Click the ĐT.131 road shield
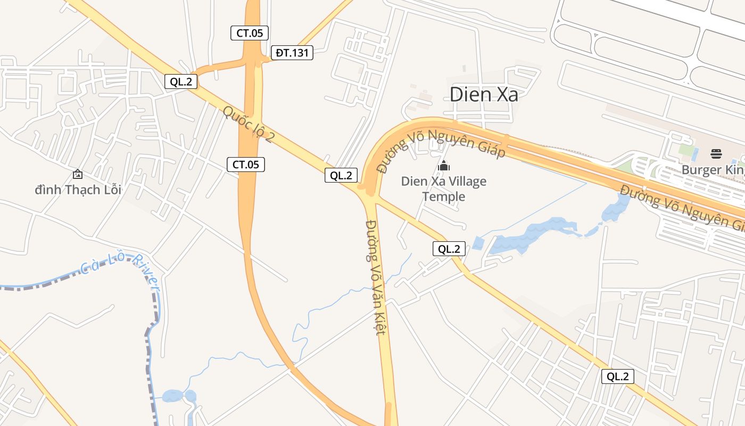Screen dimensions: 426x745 coord(292,53)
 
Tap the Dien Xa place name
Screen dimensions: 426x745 coord(484,94)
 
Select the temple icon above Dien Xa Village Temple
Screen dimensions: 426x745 coord(444,166)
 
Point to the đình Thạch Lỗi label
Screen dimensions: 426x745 coord(78,190)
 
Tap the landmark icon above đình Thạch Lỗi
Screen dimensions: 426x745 coord(78,174)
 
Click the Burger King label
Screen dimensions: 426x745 coord(713,170)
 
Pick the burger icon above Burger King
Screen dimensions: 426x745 coord(716,154)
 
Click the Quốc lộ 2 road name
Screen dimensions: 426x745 coord(249,124)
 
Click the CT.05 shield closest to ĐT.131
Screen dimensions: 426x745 coord(250,32)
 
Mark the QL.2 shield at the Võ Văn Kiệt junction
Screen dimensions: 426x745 coord(341,175)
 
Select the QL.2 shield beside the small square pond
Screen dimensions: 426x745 coord(449,248)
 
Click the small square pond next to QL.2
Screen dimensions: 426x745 coord(477,243)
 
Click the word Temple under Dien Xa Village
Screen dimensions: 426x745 coord(444,197)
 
